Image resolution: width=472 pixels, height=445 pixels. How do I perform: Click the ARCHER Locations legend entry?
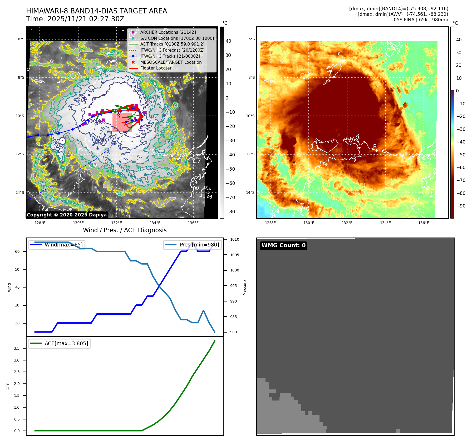(168, 32)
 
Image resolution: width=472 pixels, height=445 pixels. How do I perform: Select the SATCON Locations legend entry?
(177, 38)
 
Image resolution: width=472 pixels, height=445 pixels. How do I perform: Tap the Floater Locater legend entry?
(156, 68)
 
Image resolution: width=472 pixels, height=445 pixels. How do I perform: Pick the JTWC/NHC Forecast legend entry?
(172, 50)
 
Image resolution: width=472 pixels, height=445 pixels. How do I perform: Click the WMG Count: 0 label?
(283, 245)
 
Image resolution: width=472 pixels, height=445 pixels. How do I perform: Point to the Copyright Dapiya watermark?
(67, 215)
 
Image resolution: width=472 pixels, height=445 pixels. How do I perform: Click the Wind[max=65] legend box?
(57, 245)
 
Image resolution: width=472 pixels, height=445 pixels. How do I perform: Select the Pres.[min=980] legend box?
(193, 245)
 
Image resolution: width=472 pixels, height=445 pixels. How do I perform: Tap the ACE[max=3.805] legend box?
(60, 343)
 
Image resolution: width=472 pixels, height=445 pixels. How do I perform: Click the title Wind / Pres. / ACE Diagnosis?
(125, 230)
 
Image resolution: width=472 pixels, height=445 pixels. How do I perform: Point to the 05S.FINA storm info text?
(421, 20)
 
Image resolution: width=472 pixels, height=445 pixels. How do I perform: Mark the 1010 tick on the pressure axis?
(234, 239)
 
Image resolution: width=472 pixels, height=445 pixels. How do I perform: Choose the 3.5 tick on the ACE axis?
(17, 348)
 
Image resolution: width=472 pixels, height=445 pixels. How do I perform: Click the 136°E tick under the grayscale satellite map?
(193, 223)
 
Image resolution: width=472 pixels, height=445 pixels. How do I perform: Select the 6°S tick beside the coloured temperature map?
(251, 39)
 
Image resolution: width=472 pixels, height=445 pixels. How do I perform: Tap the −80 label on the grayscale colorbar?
(230, 212)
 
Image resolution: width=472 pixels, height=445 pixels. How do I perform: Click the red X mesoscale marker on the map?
(117, 130)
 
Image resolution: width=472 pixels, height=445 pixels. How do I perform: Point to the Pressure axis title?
(245, 288)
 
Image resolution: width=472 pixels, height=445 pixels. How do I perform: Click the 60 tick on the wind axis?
(17, 251)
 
